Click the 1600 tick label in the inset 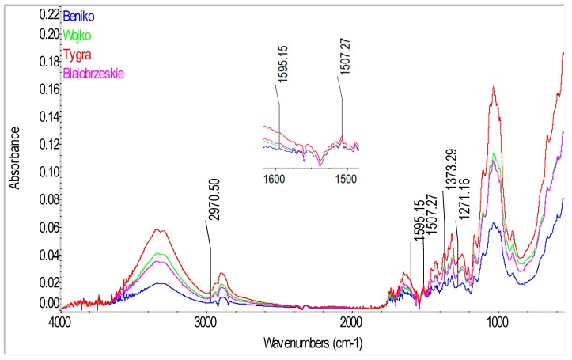(275, 180)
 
